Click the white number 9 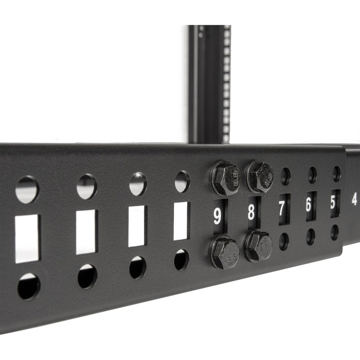point(217,216)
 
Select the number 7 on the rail point(282,208)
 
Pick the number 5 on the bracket point(333,202)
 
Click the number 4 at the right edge point(354,200)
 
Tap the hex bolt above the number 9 point(225,178)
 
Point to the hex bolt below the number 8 point(259,247)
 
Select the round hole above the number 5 point(336,173)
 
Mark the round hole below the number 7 point(284,241)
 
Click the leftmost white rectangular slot point(28,238)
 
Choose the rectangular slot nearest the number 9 point(181,221)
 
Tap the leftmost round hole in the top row point(27,190)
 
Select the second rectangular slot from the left point(86,232)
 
